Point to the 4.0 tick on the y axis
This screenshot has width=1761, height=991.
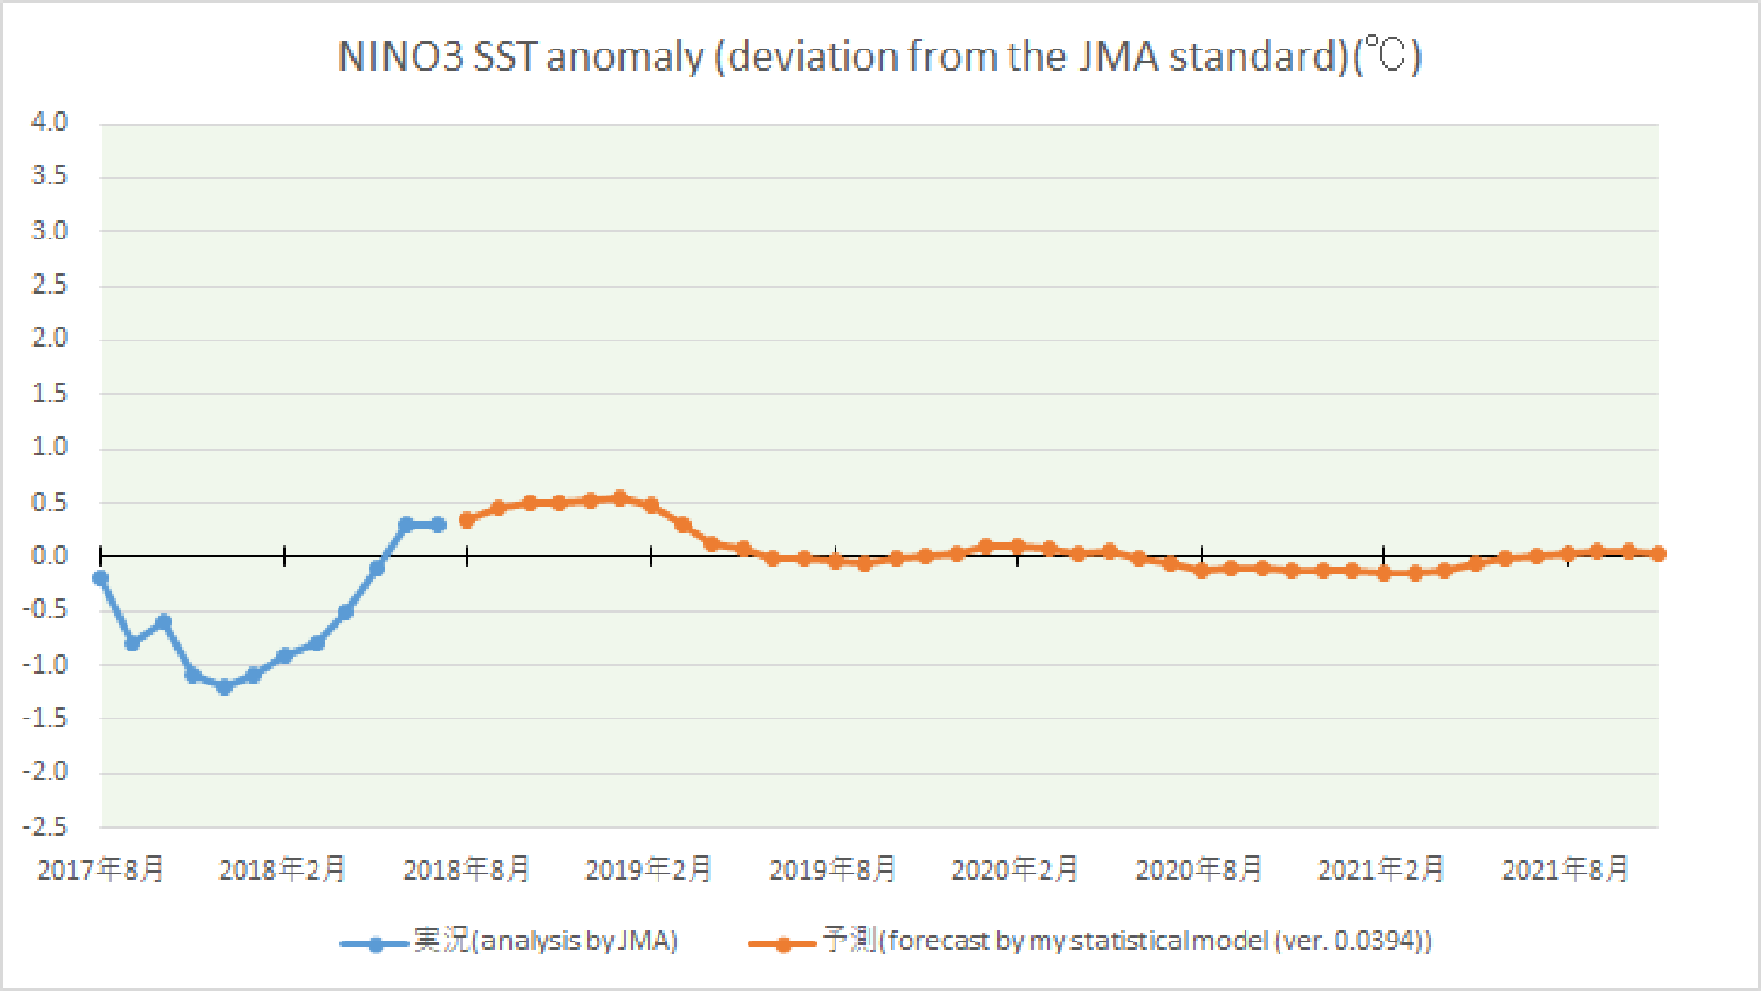[50, 122]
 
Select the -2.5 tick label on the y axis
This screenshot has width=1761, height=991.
[46, 827]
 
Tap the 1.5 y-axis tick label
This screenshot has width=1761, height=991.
[50, 394]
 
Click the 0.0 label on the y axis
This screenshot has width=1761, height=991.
[50, 556]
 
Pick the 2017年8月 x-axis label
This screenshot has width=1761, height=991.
[100, 869]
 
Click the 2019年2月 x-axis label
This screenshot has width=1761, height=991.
[649, 869]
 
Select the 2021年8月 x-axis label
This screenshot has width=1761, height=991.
[1566, 869]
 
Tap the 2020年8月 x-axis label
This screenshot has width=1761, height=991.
[1200, 869]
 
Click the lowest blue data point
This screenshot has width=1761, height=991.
[225, 686]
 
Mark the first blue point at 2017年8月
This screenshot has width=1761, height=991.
[101, 578]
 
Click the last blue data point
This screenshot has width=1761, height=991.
[438, 525]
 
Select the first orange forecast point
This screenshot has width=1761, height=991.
[467, 520]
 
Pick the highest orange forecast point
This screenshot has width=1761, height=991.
[620, 498]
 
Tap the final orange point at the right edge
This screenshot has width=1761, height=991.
[1658, 553]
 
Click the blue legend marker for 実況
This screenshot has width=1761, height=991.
[375, 943]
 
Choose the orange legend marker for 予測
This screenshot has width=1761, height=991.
[782, 943]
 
